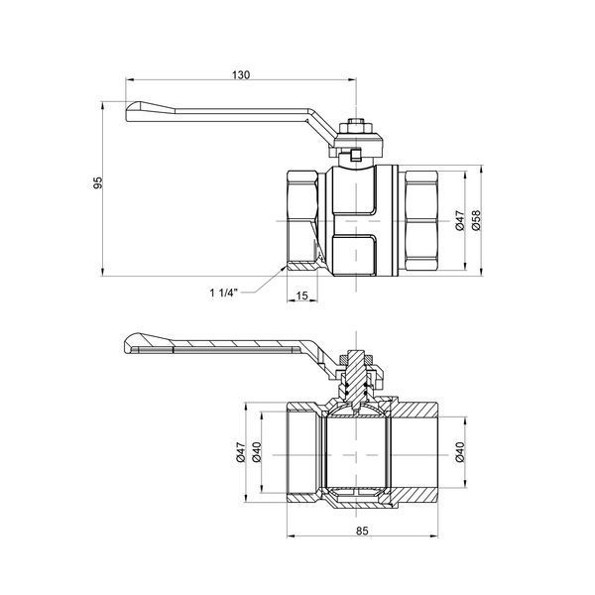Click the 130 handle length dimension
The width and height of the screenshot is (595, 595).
tap(241, 74)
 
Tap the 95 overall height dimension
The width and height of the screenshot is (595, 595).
tap(98, 182)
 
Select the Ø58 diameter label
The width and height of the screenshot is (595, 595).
tap(476, 220)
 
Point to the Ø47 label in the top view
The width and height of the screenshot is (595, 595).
tap(459, 220)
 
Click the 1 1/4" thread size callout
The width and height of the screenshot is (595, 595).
tap(224, 293)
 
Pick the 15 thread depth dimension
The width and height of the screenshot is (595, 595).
tap(302, 296)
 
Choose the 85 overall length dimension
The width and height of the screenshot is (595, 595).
tap(362, 531)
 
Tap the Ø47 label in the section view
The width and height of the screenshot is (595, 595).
tap(241, 452)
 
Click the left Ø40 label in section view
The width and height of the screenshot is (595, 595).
tap(257, 452)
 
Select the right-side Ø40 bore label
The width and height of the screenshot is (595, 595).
tap(460, 452)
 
